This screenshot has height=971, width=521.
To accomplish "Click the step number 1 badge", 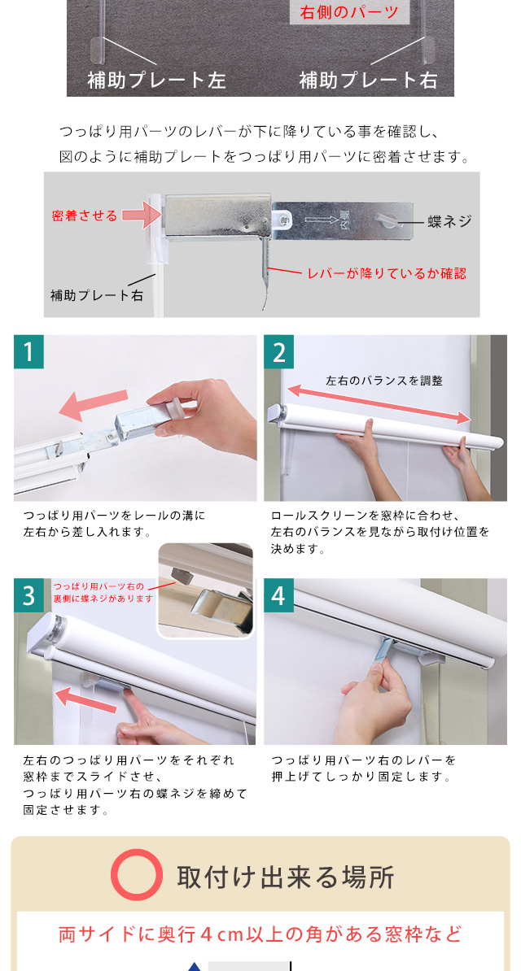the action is click(x=28, y=352).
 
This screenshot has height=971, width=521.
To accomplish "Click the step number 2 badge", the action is click(x=278, y=352).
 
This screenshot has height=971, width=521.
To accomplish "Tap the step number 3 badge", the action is click(x=28, y=595).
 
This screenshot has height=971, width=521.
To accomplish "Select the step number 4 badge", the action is click(x=278, y=595).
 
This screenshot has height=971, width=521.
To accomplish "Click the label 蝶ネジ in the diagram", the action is click(x=449, y=222).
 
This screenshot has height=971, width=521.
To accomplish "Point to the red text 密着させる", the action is click(x=85, y=216).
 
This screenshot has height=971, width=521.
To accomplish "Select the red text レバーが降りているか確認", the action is click(x=387, y=272).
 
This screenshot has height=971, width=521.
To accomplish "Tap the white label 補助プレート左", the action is click(x=156, y=80).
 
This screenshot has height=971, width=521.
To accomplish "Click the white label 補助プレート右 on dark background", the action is click(x=369, y=80).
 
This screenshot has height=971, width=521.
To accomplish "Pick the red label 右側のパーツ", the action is click(x=349, y=11).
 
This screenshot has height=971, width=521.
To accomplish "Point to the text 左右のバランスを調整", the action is click(x=384, y=381).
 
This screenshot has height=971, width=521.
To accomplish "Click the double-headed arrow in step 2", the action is click(x=379, y=403).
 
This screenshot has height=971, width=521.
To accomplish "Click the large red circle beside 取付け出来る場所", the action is click(x=137, y=876).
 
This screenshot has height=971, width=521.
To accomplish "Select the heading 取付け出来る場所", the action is click(x=285, y=877).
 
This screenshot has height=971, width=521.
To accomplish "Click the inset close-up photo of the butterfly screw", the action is click(x=206, y=590).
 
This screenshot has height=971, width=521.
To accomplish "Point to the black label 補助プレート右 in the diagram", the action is click(x=97, y=295).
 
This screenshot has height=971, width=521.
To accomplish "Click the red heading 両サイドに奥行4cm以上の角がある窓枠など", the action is click(x=260, y=934).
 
